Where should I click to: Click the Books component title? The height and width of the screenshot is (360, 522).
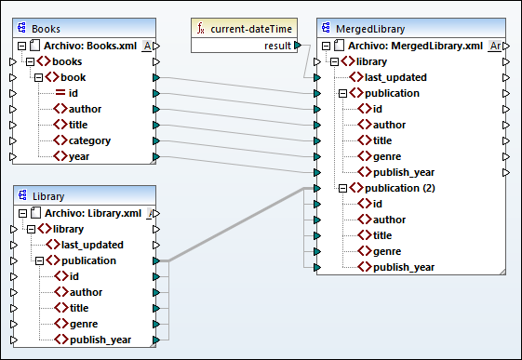[x=47, y=28]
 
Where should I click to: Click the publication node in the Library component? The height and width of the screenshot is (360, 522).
[x=103, y=260]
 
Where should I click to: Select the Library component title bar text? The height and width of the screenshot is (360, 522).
[x=48, y=195]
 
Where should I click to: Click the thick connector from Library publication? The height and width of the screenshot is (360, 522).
[x=233, y=225]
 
